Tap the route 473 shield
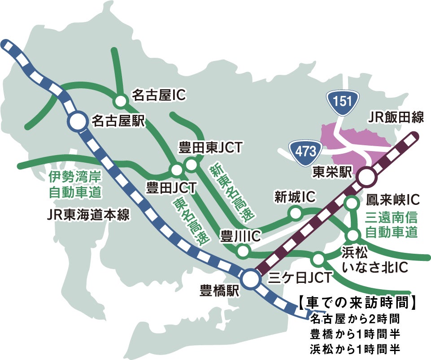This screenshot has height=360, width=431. (x=306, y=150)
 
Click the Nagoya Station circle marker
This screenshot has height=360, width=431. (x=77, y=121)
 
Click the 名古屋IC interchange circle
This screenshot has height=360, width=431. (x=120, y=101)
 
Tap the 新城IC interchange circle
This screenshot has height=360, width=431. (x=296, y=213)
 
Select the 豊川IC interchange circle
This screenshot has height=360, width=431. (x=243, y=251)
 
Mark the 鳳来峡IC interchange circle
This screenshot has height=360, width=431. (x=351, y=204)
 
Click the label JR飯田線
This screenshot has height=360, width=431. (x=396, y=118)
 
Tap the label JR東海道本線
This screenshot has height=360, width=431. (x=88, y=215)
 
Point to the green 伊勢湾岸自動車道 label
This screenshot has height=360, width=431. (x=74, y=184)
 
